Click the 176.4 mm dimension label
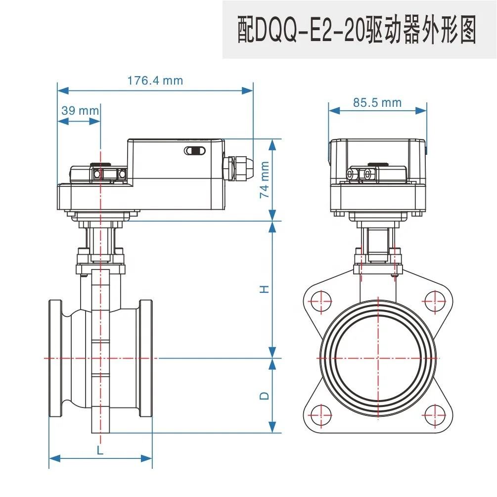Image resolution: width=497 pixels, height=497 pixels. point(155,80)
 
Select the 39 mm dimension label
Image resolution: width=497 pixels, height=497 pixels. point(80,110)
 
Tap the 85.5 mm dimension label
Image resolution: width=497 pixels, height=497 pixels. point(377,102)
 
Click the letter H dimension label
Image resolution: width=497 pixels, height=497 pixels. point(265,289)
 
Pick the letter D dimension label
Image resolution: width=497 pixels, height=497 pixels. point(265,396)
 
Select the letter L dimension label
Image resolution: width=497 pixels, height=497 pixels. point(100,450)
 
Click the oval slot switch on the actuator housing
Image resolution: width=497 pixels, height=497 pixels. point(194,151)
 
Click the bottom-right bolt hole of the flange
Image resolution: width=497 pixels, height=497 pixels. point(435,413)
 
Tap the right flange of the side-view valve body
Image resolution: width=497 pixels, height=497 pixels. point(146,358)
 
